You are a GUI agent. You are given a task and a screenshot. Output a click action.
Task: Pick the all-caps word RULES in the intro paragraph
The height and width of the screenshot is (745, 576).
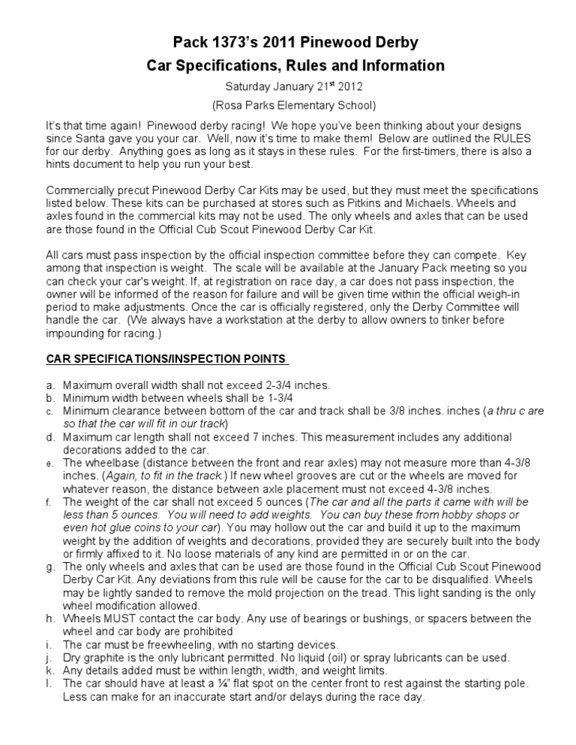coord(512,138)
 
